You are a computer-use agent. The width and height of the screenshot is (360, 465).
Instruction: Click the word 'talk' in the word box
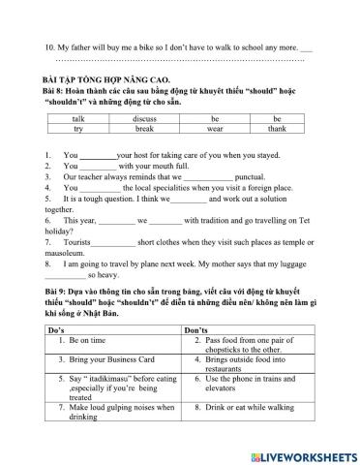coord(78,117)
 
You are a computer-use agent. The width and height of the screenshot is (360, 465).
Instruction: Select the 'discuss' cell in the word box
coord(145,117)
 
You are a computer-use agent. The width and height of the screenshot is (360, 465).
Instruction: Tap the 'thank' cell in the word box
coord(277,128)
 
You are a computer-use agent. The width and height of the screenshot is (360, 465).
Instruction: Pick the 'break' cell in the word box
coord(145,128)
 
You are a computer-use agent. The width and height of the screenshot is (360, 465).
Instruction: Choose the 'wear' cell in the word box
coord(215,128)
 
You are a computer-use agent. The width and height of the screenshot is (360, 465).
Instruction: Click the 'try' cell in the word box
coord(78,128)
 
